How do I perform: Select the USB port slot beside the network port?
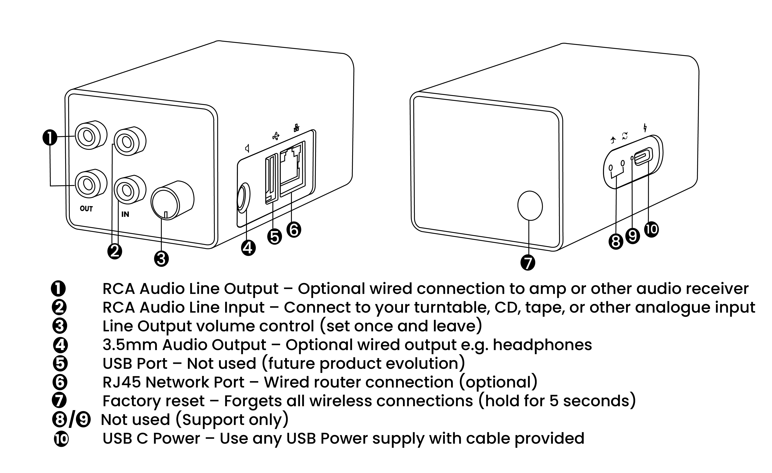[x=271, y=178]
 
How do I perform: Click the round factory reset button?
[x=530, y=206]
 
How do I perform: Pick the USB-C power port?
[x=643, y=156]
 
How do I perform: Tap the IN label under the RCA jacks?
[x=125, y=214]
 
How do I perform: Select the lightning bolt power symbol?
[x=645, y=128]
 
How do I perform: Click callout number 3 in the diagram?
[x=161, y=259]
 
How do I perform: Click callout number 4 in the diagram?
[x=248, y=248]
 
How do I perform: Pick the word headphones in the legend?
[x=542, y=345]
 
